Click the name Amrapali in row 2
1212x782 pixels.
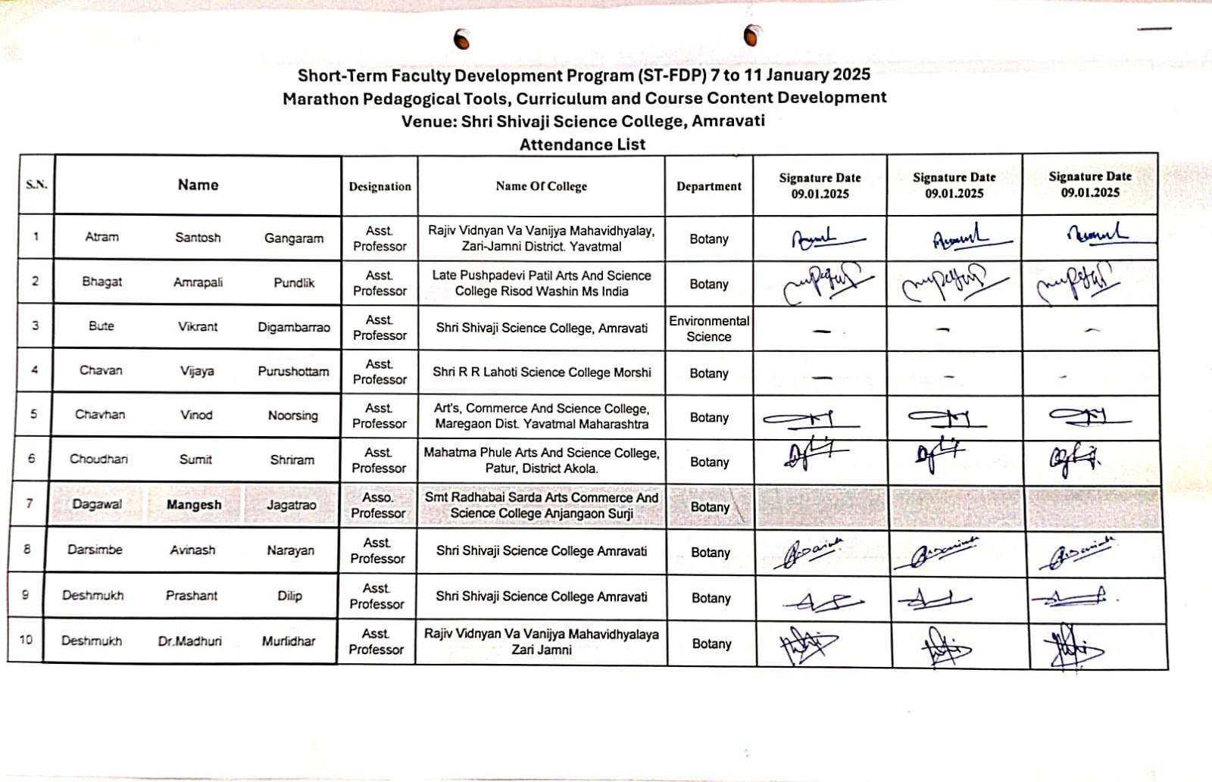click(x=198, y=282)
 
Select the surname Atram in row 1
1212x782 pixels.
click(x=102, y=237)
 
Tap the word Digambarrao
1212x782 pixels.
click(x=294, y=327)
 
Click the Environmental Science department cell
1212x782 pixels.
click(x=709, y=329)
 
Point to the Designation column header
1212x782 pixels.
click(x=380, y=186)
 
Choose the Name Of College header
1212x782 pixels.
click(x=541, y=186)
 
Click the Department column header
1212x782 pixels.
click(x=709, y=186)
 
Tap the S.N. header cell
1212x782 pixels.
click(x=36, y=185)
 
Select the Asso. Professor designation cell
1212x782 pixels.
click(x=378, y=505)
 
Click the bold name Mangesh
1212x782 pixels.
click(x=194, y=505)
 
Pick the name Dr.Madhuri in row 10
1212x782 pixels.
click(x=190, y=641)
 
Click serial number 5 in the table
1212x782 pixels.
click(x=33, y=414)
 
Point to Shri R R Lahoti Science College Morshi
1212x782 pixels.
click(x=542, y=372)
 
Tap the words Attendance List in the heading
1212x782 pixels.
click(x=583, y=145)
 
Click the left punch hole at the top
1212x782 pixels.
click(x=461, y=39)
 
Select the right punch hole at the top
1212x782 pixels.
click(x=751, y=35)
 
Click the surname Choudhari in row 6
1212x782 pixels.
click(x=98, y=459)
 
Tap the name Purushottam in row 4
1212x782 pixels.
click(x=293, y=372)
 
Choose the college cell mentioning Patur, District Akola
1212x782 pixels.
click(x=542, y=460)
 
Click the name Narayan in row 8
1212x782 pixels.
click(x=290, y=550)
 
